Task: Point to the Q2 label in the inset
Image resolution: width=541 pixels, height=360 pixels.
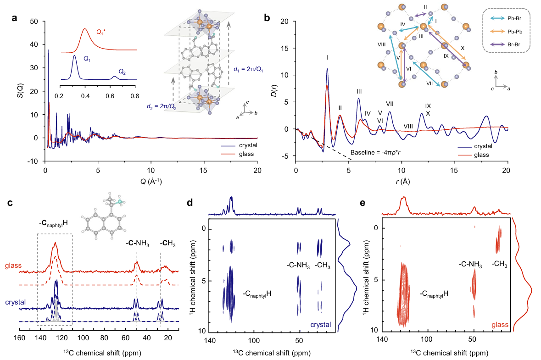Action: click(x=123, y=72)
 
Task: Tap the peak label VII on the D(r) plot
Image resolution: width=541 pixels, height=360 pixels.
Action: click(x=390, y=103)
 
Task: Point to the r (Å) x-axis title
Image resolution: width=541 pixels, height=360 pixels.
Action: click(x=402, y=182)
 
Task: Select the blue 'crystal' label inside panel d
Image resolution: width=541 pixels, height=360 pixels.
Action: click(x=320, y=324)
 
